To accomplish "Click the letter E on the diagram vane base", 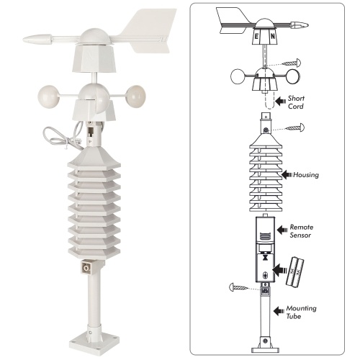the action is [256, 37].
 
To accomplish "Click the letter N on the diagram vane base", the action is [273, 37].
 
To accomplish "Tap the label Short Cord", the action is [296, 102].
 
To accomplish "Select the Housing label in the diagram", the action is [306, 175].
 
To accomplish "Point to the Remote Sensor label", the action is [301, 231].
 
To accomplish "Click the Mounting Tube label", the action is [301, 312].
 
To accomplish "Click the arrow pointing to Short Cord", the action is [281, 101].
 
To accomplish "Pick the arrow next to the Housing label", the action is [287, 175].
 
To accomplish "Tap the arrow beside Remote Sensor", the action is [282, 230].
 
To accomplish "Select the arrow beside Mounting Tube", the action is [279, 311].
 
